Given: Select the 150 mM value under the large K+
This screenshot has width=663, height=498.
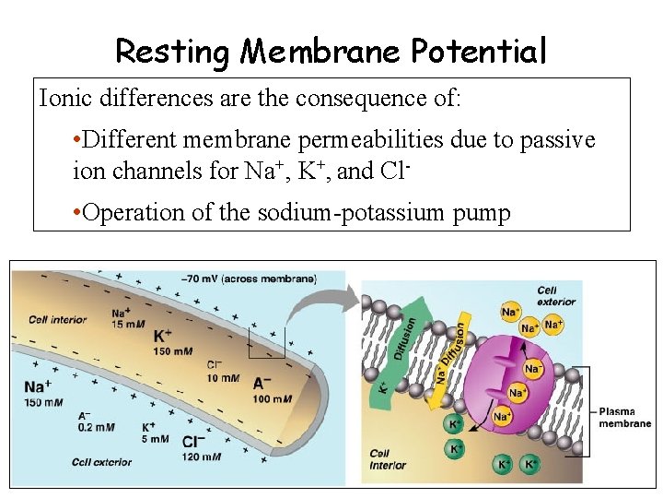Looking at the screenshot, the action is coord(173,351).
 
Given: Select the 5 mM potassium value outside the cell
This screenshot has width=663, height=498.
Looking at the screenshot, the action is coord(150,439).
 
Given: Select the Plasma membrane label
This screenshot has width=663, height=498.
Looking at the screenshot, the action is coord(625,418).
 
